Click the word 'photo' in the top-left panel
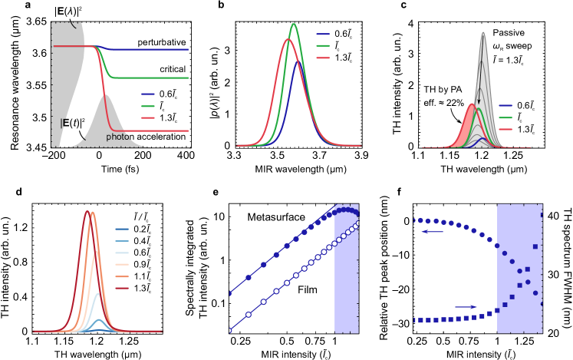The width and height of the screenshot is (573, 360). coord(117,137)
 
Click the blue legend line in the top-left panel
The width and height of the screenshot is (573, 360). coord(148,94)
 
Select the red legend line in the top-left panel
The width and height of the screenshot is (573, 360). coord(148,117)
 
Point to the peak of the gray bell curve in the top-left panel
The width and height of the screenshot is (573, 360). coord(105,95)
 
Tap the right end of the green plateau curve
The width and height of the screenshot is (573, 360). coord(188,78)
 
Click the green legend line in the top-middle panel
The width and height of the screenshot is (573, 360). coord(323,46)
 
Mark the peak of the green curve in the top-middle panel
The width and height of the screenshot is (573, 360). coord(293,24)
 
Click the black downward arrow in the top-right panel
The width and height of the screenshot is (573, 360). coord(479,97)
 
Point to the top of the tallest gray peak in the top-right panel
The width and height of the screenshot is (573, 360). coord(482,32)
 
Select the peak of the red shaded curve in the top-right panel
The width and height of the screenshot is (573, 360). coord(472,104)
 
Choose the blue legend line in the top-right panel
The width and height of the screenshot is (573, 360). coord(505,106)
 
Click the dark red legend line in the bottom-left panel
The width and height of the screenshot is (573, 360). coord(122,288)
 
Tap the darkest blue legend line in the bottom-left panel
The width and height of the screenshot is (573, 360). coord(122,229)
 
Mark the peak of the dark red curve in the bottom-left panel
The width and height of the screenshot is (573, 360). coord(87,211)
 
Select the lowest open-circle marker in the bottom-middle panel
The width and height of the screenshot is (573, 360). coord(229,331)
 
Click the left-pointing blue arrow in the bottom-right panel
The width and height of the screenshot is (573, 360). coord(432,231)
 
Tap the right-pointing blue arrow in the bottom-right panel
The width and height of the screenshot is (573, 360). coord(466,306)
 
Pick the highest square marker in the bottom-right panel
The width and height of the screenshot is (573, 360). coord(542,214)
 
